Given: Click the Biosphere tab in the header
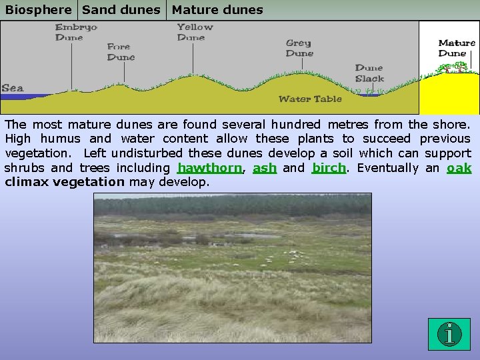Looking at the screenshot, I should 39,10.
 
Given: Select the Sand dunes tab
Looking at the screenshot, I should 121,10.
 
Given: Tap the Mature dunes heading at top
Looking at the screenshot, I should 217,10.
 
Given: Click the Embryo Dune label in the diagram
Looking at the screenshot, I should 75,33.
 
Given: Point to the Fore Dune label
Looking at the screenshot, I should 121,52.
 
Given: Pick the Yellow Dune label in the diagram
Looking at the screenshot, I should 195,33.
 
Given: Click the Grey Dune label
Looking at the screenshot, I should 299,49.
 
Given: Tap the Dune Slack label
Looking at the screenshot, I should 369,73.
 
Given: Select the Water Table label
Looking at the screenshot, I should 310,99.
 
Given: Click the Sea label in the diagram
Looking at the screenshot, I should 13,88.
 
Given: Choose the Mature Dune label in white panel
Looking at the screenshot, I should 457,48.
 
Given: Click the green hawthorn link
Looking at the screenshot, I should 209,168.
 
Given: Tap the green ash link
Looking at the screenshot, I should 265,168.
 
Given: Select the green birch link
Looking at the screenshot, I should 329,168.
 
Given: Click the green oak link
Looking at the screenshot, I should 459,168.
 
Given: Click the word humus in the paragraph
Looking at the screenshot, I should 61,139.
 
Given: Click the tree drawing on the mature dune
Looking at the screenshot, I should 454,67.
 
